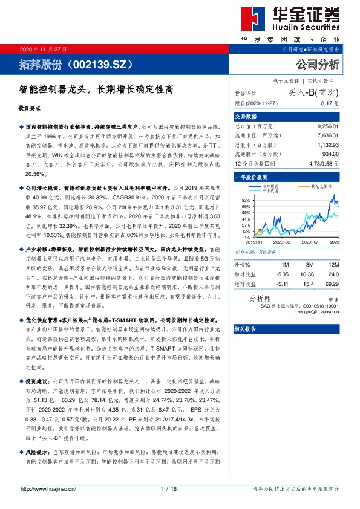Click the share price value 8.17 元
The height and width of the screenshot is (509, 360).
[329, 104]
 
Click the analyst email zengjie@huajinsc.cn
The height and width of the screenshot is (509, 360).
[319, 312]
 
